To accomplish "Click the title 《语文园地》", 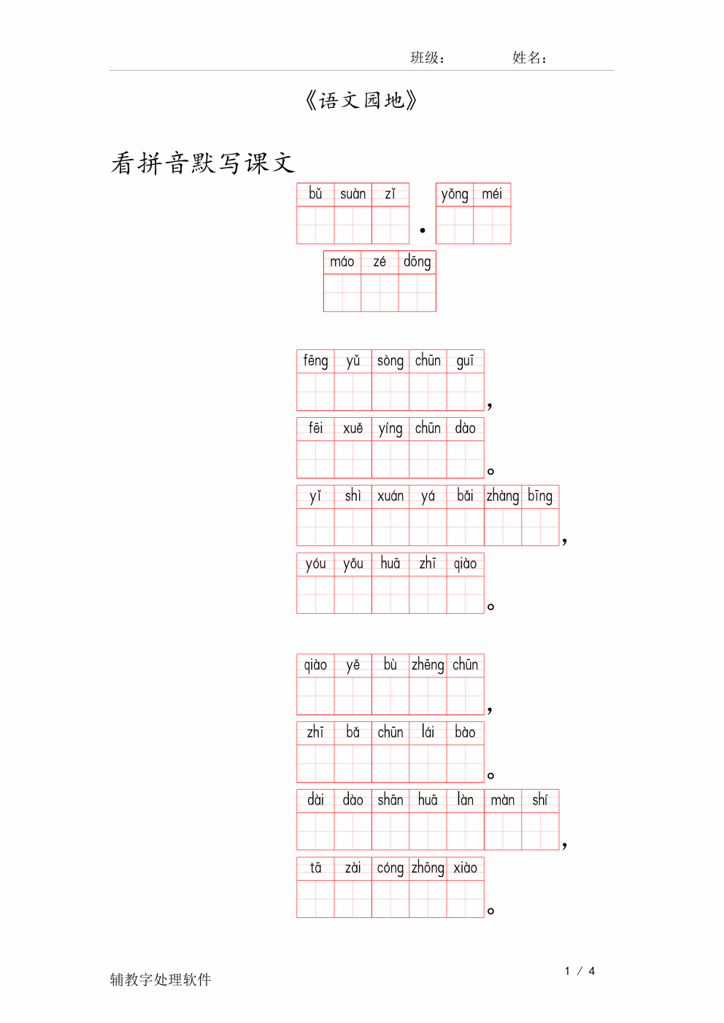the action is (361, 101).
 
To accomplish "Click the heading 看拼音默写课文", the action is (203, 163).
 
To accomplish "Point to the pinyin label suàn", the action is (353, 194).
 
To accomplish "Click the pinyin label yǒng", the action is (455, 195).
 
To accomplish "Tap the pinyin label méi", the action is (492, 194).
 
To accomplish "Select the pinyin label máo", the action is (342, 262).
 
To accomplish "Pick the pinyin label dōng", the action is (417, 262).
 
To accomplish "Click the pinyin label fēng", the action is (315, 361).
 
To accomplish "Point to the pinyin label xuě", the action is (353, 429).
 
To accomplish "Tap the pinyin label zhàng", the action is (503, 497).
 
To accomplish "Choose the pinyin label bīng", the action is (540, 497).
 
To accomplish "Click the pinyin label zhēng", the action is (428, 665).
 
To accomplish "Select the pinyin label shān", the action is (390, 800).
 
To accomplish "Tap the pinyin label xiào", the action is (466, 868).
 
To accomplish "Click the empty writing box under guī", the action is (466, 392).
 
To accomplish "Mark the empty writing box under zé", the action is (380, 292).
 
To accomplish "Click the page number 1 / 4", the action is (579, 971).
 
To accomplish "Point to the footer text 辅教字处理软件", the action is (161, 979).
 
